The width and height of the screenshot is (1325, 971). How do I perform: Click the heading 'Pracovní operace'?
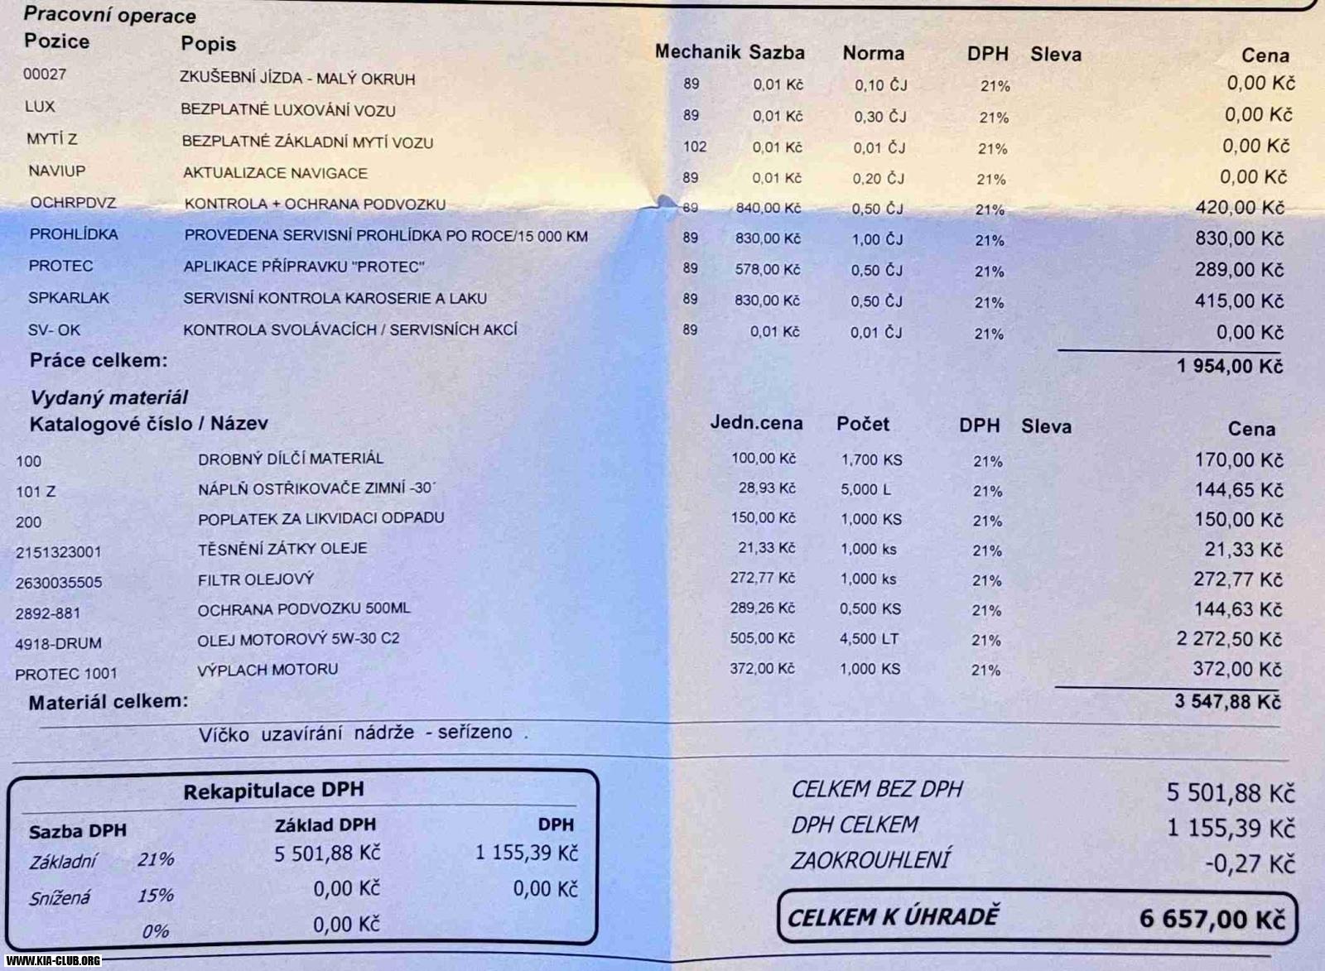click(x=109, y=15)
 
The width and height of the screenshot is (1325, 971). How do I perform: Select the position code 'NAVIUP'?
click(x=56, y=171)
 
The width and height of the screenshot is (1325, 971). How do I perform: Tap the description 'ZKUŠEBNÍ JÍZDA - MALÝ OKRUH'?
click(x=297, y=79)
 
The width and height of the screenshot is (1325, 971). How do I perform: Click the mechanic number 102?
click(x=694, y=147)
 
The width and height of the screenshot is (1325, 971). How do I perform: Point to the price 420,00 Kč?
click(x=1239, y=207)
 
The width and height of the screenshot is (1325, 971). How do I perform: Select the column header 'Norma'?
click(x=873, y=54)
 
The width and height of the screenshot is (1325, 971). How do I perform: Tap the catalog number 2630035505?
click(x=58, y=583)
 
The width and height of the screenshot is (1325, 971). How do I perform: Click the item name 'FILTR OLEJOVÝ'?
click(x=255, y=579)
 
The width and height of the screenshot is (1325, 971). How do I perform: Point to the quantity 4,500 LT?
click(x=869, y=639)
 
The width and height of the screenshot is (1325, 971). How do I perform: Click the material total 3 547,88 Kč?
click(x=1226, y=702)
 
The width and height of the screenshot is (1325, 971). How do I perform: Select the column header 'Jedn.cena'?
click(x=756, y=423)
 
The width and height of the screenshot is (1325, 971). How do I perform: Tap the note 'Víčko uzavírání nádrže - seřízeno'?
click(x=363, y=733)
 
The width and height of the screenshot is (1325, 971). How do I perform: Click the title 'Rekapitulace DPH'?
click(x=273, y=791)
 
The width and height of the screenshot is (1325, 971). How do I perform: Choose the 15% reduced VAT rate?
click(x=156, y=896)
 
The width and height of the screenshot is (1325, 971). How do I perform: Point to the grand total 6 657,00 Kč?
click(x=1212, y=919)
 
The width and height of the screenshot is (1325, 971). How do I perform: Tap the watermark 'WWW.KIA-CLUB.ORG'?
click(x=53, y=961)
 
